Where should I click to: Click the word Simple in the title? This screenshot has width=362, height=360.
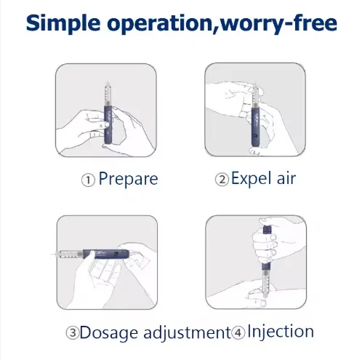[63, 24]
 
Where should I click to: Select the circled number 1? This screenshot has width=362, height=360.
[88, 180]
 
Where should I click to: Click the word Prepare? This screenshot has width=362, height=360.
[128, 179]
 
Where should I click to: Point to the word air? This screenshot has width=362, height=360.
[286, 178]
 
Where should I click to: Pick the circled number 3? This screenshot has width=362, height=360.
[72, 333]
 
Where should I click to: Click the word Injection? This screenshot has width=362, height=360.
[281, 332]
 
